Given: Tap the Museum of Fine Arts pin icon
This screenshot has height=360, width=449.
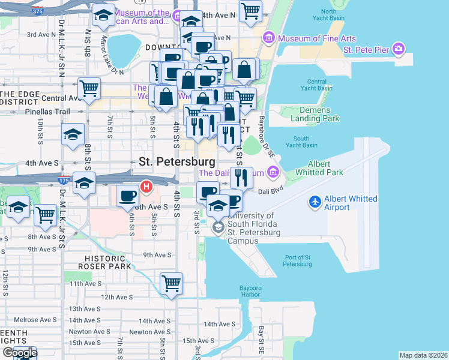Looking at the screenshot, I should (268, 39).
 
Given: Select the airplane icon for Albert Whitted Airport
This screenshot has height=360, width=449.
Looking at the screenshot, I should (315, 202).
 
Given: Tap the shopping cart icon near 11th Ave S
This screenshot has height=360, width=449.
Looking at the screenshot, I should (172, 283).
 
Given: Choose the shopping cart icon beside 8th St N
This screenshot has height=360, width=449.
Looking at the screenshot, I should (89, 88).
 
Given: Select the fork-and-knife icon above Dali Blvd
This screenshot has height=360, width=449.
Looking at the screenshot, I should (241, 177).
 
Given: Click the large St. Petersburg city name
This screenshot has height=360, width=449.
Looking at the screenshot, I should (176, 161).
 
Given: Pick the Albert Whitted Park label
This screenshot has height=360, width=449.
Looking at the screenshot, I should (319, 168).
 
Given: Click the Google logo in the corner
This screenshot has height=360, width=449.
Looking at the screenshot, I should (20, 353).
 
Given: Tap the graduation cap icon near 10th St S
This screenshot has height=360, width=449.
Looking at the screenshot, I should (73, 134).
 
